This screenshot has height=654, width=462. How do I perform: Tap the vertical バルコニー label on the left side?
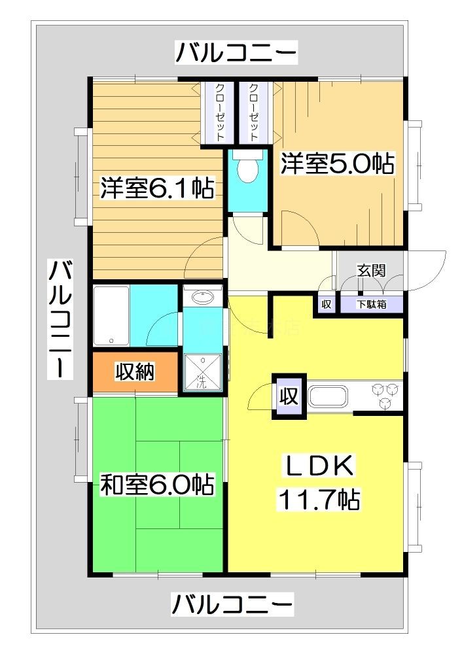point(61,318)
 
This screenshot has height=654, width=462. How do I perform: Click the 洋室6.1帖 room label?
point(157,188)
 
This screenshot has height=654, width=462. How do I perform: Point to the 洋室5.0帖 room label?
point(338,163)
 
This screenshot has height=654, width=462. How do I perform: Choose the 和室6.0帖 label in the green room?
point(156,485)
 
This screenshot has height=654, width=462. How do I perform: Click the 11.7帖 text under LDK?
point(319,500)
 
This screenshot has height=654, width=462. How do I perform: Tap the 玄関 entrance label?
point(370,269)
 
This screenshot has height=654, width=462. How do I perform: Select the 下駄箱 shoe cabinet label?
point(371,305)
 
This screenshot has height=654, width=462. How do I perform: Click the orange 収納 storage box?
point(135,372)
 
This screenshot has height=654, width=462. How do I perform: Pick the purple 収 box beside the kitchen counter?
point(287,396)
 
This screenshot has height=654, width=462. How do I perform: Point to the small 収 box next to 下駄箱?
point(326,305)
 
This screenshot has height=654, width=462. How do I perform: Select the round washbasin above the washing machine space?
point(204,298)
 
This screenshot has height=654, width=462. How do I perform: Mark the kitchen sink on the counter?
point(329,396)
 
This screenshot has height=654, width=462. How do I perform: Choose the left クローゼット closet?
point(218,112)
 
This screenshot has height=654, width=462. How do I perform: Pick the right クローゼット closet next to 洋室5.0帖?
point(253,112)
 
